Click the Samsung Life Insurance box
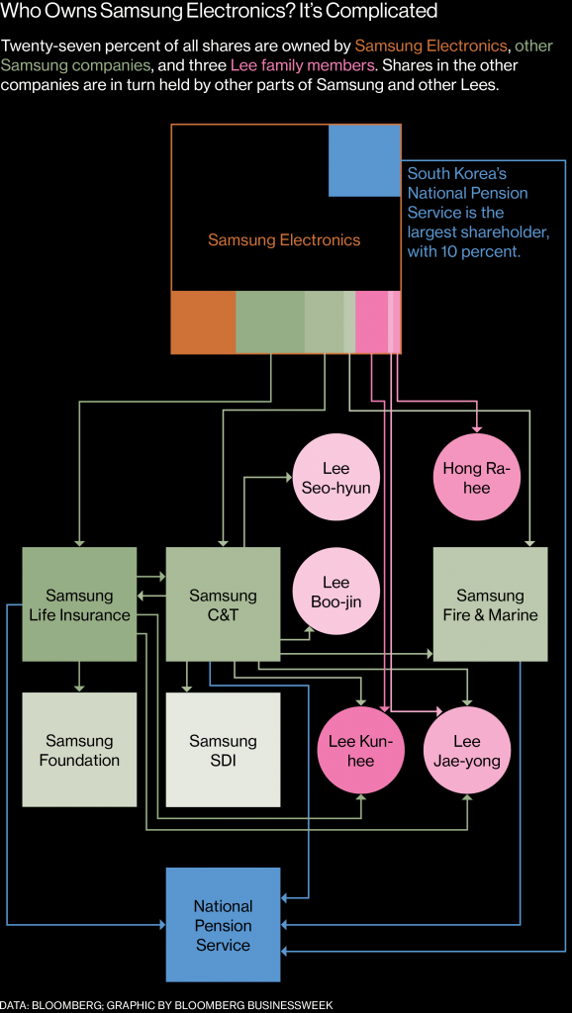(79, 604)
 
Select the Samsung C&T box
(223, 604)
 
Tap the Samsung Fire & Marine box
(490, 604)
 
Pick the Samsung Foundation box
(79, 749)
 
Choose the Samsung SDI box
(223, 749)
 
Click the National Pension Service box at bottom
(223, 924)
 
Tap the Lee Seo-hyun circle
(335, 477)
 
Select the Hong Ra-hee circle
(479, 477)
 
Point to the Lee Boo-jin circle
(335, 593)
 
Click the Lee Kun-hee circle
(360, 751)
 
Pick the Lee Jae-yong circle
(467, 751)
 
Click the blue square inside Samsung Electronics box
(364, 160)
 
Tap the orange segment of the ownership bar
(203, 322)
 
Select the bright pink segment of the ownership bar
(371, 322)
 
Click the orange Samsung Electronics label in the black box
(284, 239)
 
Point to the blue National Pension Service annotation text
(478, 213)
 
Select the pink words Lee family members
(302, 65)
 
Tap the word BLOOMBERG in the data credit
(61, 1004)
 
